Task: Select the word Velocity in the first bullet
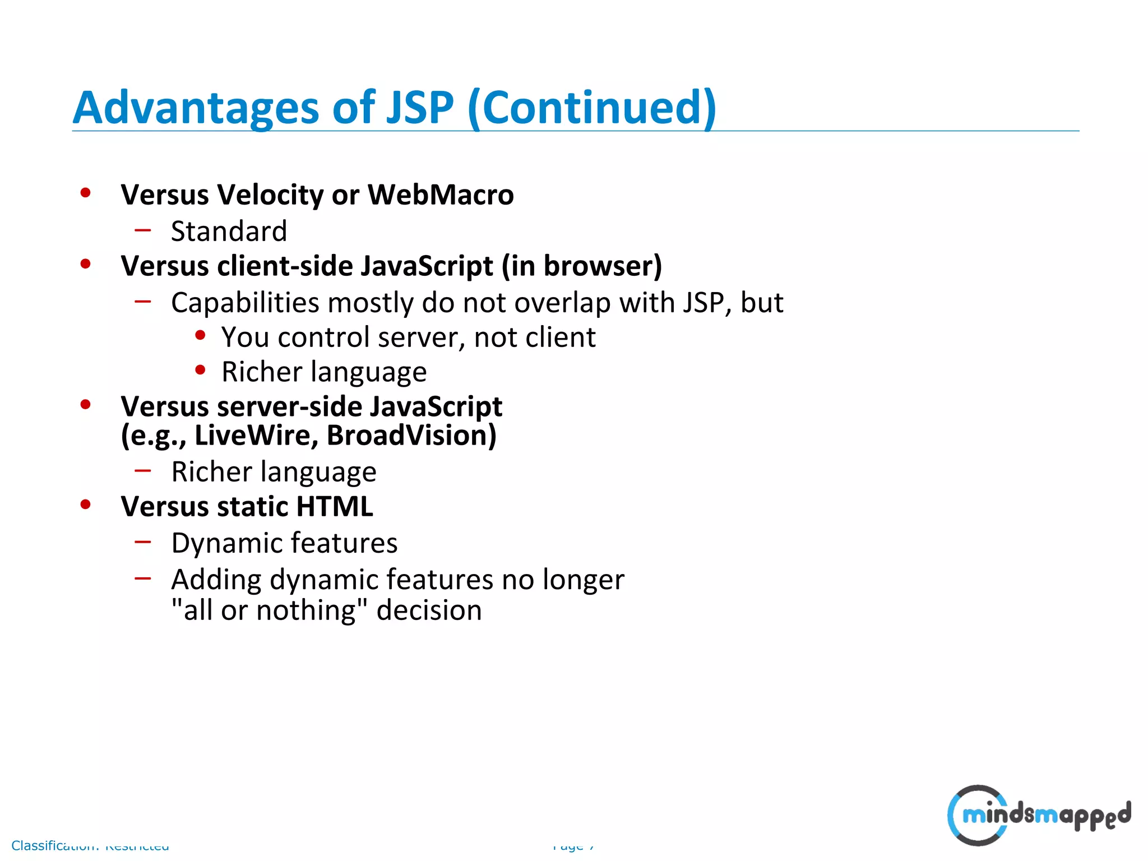(270, 195)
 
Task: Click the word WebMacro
(441, 195)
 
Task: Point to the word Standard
(229, 231)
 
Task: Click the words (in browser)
(582, 266)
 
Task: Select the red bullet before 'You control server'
(200, 335)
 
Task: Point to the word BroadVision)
(411, 436)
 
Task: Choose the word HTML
(334, 506)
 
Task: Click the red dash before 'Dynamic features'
(143, 541)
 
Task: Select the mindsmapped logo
(1039, 814)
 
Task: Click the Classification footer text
(90, 845)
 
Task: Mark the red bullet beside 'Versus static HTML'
(85, 504)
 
